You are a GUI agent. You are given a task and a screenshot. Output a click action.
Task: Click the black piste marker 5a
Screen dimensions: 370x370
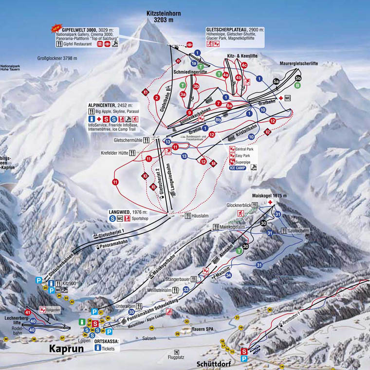tap(276, 81)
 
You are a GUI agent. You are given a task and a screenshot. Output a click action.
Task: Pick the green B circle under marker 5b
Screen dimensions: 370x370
tap(297, 85)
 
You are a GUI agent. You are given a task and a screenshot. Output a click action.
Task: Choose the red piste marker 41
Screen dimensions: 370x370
tap(28, 312)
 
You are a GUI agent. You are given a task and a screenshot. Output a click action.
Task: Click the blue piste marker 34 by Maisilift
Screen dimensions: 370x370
tap(228, 275)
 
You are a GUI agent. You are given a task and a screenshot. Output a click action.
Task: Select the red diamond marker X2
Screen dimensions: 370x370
tap(267, 131)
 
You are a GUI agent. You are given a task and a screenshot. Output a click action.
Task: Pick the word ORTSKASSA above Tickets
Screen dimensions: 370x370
tap(107, 342)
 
